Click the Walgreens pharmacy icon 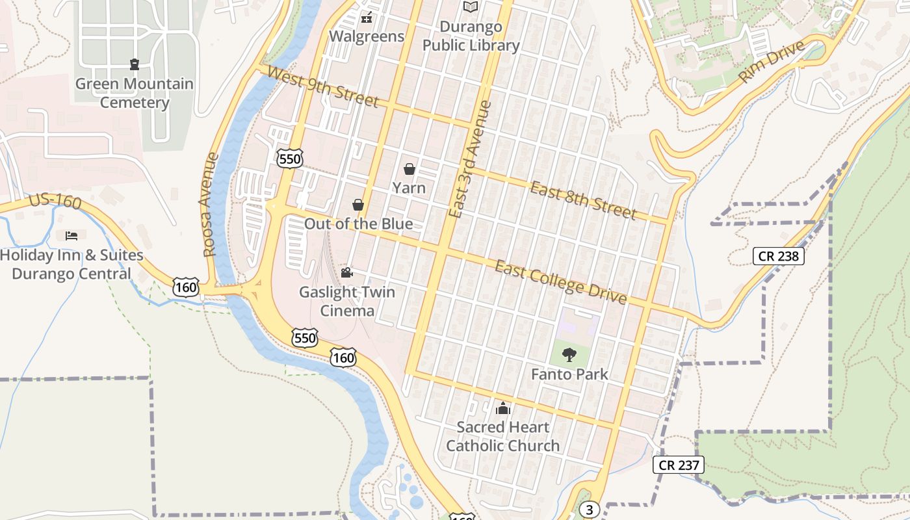tap(367, 17)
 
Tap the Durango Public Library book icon tap(471, 7)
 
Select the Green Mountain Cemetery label tap(135, 93)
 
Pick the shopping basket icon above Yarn tap(409, 170)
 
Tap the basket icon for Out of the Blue tap(357, 205)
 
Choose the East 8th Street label tap(583, 200)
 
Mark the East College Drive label tap(560, 281)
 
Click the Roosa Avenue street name tap(209, 205)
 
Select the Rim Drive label tap(772, 62)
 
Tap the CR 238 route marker tap(778, 256)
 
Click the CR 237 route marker tap(679, 465)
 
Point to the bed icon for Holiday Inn tap(71, 235)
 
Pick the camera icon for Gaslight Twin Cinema tap(346, 272)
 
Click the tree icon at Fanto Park tap(569, 355)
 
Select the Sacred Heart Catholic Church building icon tap(502, 408)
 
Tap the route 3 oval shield tap(589, 510)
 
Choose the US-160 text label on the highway tap(55, 201)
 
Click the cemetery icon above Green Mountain tap(134, 64)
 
